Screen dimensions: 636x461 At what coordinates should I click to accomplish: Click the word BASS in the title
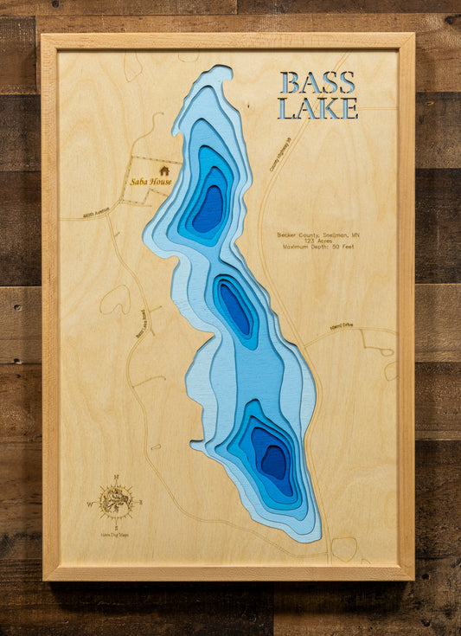click(317, 83)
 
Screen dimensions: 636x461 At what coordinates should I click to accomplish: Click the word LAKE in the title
click(317, 109)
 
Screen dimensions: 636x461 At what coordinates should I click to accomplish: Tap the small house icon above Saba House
click(164, 170)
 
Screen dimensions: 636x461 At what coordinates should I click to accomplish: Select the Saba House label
click(150, 182)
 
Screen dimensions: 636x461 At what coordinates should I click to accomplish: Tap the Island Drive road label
click(342, 327)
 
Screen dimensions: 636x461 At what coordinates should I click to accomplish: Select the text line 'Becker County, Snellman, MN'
click(317, 234)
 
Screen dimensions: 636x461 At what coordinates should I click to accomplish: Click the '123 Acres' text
click(317, 241)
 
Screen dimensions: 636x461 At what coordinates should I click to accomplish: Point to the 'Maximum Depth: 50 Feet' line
click(317, 247)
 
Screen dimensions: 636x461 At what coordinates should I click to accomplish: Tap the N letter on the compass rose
click(115, 478)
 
